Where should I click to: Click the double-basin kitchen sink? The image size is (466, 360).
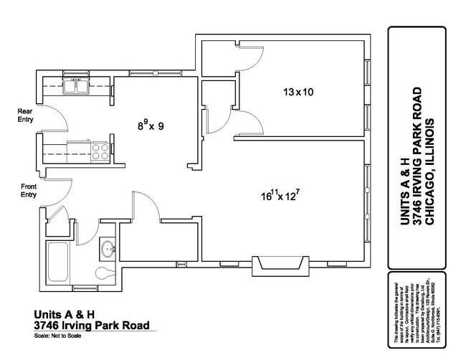[75, 88]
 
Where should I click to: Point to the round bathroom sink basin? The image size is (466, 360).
[108, 250]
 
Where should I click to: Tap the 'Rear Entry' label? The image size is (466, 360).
[26, 115]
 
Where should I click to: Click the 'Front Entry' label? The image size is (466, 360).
[28, 190]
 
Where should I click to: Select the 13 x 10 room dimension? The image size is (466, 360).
[299, 92]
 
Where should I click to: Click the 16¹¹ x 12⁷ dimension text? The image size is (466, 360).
[289, 194]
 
